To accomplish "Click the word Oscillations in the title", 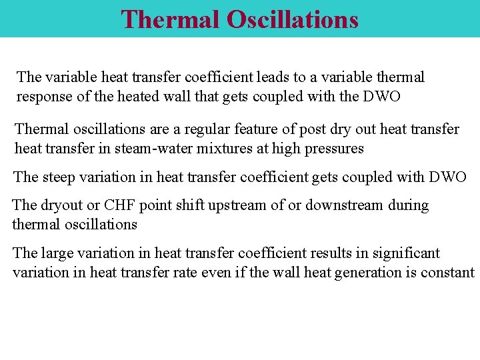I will click(x=293, y=19).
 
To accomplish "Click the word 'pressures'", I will click(x=335, y=149).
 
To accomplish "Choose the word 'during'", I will click(x=409, y=205).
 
